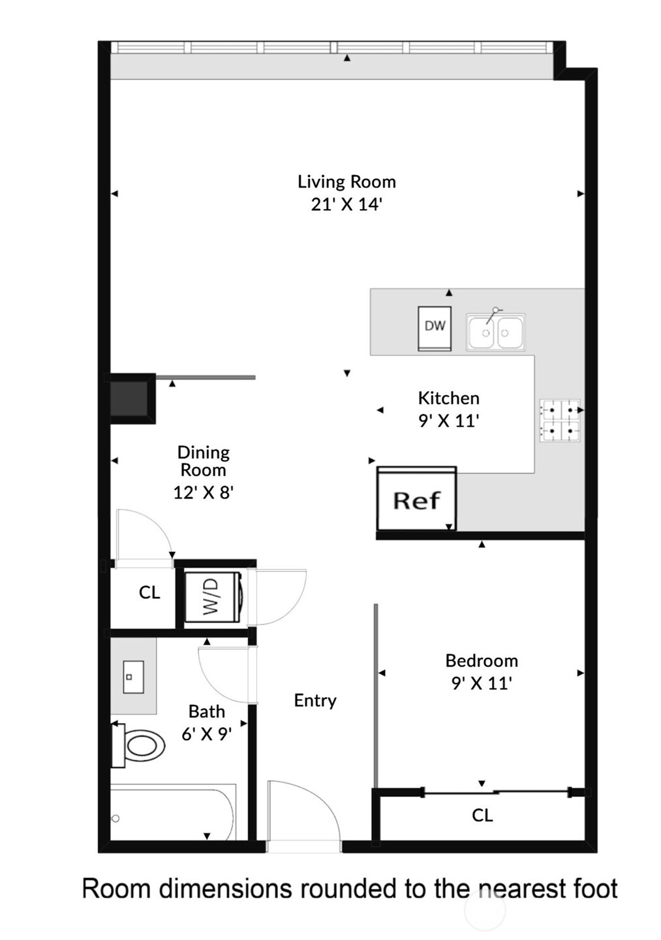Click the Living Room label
(346, 182)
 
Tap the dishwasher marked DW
(435, 327)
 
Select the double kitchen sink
(496, 332)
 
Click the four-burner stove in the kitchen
(560, 419)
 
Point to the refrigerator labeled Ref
(416, 500)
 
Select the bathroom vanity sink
(133, 677)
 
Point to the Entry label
(315, 700)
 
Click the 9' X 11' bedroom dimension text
(482, 683)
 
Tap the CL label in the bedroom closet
(482, 815)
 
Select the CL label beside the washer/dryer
(149, 592)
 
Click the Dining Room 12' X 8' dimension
(204, 493)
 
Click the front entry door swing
(303, 813)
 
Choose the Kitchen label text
(448, 398)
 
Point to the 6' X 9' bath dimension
(207, 734)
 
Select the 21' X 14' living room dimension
(346, 204)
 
